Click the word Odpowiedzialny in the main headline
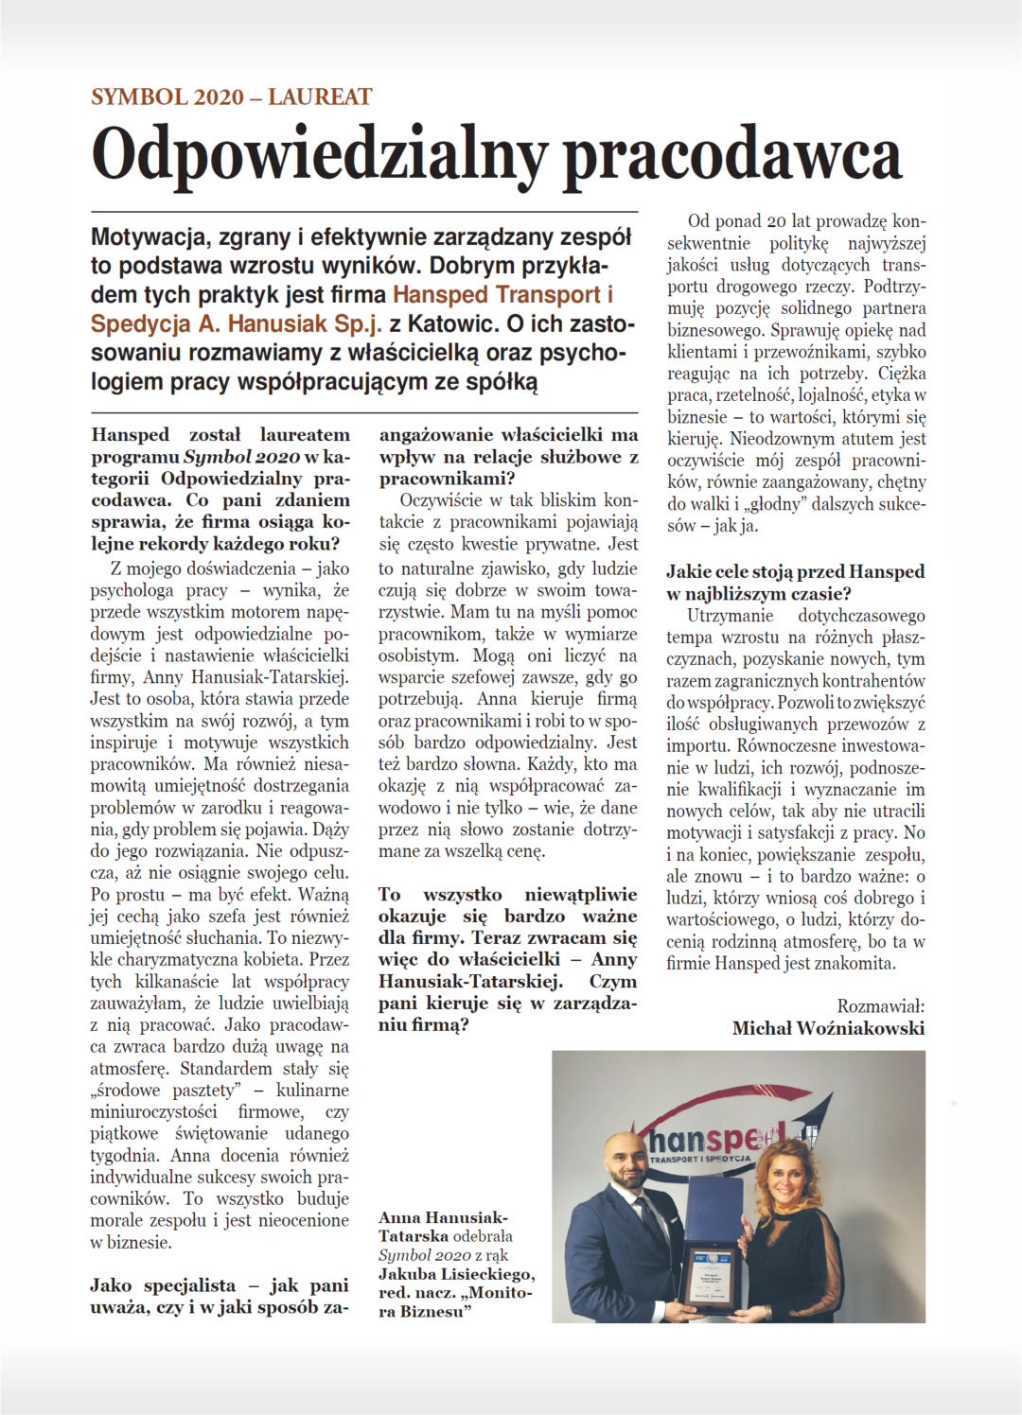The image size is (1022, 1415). click(x=319, y=154)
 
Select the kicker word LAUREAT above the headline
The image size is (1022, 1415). click(x=320, y=96)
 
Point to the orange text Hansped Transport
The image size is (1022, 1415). click(x=497, y=294)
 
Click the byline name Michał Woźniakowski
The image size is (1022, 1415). click(x=828, y=1028)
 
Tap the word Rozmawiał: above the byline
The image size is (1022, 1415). click(x=880, y=1006)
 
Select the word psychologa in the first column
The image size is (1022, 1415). click(x=132, y=590)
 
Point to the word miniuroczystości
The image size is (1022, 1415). click(x=153, y=1111)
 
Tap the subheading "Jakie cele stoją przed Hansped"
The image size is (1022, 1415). click(x=795, y=571)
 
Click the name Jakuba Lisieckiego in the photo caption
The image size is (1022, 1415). click(x=456, y=1274)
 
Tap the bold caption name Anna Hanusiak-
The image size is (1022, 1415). click(x=442, y=1217)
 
